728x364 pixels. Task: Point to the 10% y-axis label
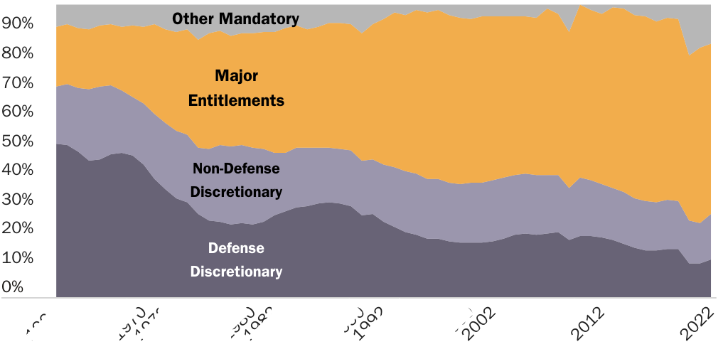click(x=18, y=258)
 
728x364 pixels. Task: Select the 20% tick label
click(x=18, y=229)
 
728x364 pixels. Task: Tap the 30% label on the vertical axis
click(x=18, y=200)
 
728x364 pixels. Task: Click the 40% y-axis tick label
click(x=18, y=171)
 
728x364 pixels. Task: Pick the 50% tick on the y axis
click(x=18, y=141)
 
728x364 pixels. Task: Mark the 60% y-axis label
click(x=18, y=112)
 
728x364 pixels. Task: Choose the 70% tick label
click(x=18, y=83)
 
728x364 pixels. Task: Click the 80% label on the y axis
click(x=18, y=53)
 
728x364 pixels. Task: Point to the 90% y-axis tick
click(x=18, y=23)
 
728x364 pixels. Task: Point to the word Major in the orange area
click(x=236, y=75)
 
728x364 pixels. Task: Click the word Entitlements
click(x=236, y=100)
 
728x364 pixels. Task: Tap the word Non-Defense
click(x=236, y=168)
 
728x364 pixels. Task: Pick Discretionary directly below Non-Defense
click(x=236, y=192)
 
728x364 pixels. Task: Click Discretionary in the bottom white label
click(x=236, y=272)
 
